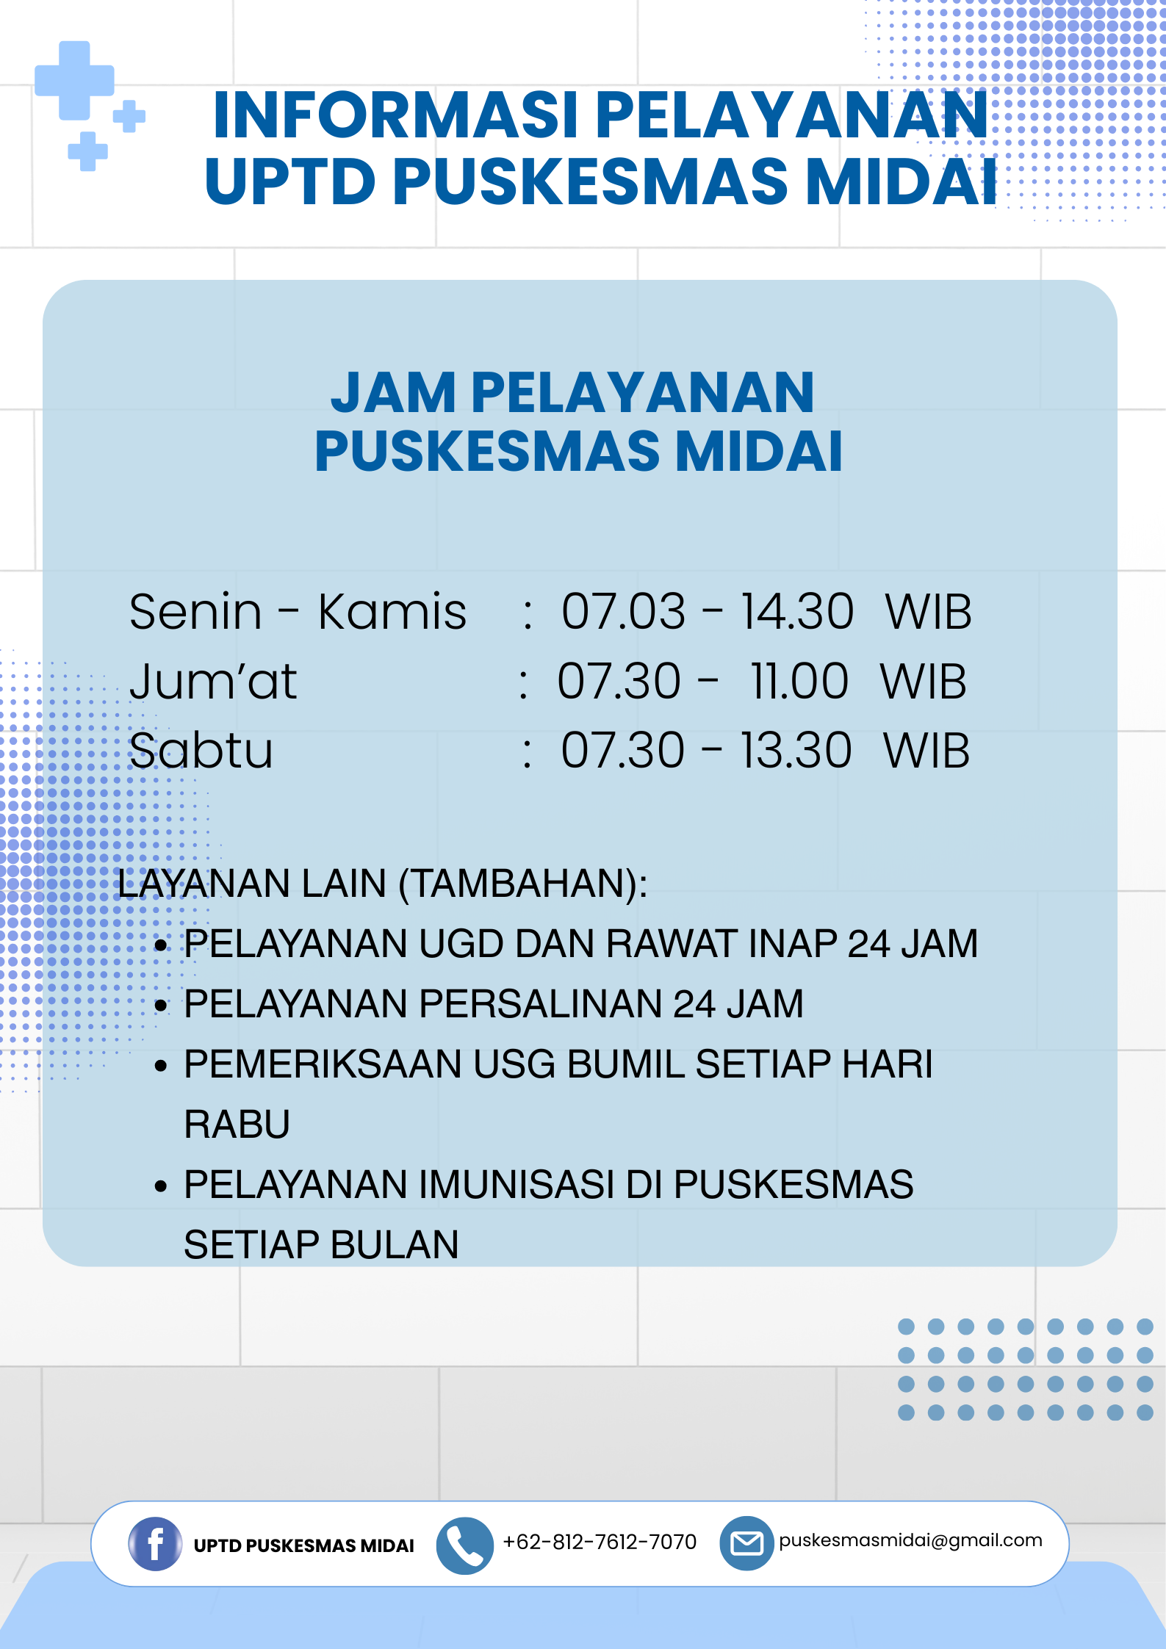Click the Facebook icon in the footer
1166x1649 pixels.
click(x=155, y=1543)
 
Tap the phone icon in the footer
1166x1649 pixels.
click(x=464, y=1545)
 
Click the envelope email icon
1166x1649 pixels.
click(x=746, y=1543)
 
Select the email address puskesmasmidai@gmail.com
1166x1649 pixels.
click(x=910, y=1540)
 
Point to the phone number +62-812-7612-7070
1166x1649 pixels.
click(x=600, y=1542)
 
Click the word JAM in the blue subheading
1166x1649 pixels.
click(x=393, y=393)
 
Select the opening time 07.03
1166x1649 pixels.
click(x=623, y=611)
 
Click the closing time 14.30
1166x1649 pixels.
click(x=797, y=611)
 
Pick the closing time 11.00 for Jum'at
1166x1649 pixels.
click(x=799, y=681)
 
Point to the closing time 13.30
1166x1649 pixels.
click(x=796, y=751)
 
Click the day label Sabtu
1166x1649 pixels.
click(x=201, y=751)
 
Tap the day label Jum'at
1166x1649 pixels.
click(x=213, y=681)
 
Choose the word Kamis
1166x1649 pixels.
click(x=392, y=611)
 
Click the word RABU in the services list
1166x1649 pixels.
click(x=237, y=1125)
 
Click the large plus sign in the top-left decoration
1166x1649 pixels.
click(x=74, y=80)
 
